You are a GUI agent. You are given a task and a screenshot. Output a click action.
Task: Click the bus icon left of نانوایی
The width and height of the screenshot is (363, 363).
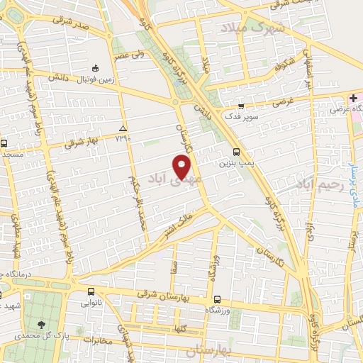pos(91,291)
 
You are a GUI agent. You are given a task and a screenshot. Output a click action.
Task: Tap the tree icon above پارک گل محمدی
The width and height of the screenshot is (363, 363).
pos(49,320)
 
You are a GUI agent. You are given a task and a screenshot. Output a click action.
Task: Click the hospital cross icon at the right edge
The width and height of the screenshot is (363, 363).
pos(353,99)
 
